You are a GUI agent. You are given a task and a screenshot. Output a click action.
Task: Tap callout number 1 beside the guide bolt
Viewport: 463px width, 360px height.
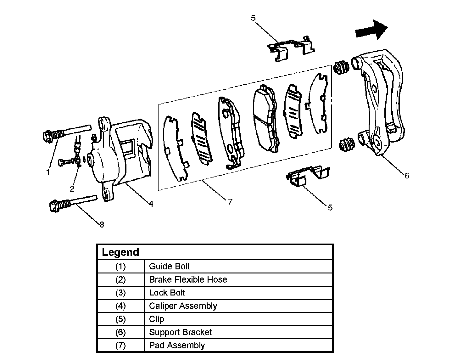point(48,172)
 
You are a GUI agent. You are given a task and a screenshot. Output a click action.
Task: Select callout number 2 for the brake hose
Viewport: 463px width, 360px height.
point(72,189)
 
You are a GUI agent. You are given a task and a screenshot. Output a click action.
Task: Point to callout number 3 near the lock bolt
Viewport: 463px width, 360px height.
point(102,225)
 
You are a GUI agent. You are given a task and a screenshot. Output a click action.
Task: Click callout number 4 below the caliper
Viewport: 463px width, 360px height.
point(151,204)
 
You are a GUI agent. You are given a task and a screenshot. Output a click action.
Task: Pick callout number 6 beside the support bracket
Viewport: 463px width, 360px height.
point(407,176)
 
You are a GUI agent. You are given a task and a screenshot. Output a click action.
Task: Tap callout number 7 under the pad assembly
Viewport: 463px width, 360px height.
point(230,202)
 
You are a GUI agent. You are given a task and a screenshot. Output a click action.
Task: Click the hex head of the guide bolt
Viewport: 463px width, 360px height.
point(47,136)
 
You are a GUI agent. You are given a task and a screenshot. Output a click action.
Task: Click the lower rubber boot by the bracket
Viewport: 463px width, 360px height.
point(347,145)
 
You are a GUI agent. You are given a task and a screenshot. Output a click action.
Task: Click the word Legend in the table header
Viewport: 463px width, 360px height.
point(120,252)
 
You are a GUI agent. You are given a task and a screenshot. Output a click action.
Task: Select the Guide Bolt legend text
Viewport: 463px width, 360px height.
point(169,267)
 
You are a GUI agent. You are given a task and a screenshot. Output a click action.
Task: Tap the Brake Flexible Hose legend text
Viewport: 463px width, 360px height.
point(188,280)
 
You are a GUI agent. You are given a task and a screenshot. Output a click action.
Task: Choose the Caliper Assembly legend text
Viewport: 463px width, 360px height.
point(183,306)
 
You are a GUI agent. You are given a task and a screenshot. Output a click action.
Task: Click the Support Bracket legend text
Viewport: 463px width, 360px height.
point(180,332)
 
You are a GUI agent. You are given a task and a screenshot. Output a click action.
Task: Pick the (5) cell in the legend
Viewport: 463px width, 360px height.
point(120,319)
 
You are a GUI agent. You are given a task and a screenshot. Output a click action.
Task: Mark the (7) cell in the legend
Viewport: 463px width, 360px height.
point(120,346)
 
